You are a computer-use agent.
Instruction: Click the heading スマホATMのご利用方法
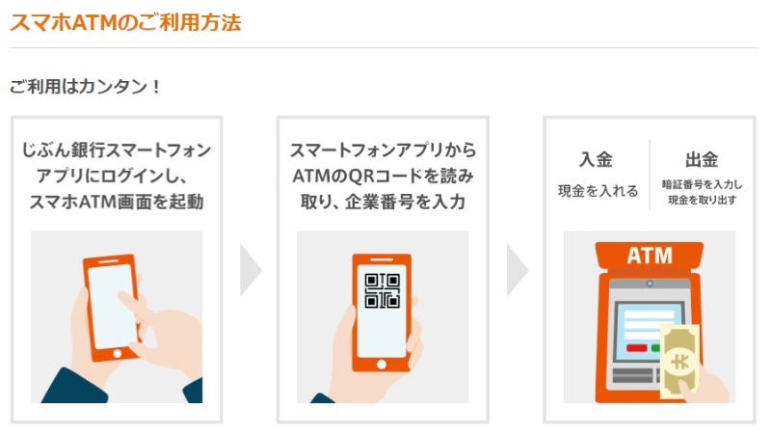[125, 21]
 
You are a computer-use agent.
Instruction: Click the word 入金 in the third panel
[596, 160]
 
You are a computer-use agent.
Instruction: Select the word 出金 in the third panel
[702, 160]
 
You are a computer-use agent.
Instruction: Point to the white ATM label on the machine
[650, 257]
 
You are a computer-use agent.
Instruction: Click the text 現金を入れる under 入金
[598, 191]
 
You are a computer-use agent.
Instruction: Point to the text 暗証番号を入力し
[701, 183]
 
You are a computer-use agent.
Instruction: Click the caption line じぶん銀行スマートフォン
[116, 151]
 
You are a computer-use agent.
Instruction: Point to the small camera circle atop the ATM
[650, 284]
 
